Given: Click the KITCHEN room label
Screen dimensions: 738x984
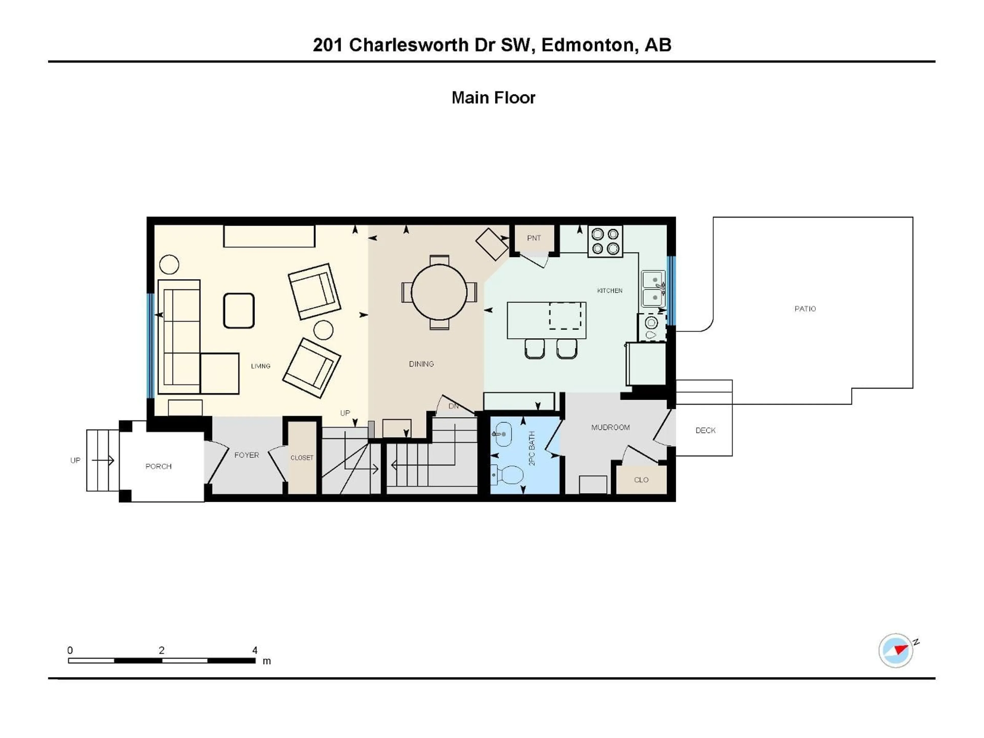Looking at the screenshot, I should (609, 291).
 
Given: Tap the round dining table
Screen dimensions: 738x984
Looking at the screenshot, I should (439, 292).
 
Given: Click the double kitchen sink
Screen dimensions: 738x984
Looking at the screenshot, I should (653, 289).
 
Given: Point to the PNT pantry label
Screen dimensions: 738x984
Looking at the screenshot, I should (534, 238).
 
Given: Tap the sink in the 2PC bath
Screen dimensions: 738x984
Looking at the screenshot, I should (503, 434).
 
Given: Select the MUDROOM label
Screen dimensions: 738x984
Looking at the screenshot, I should (610, 427).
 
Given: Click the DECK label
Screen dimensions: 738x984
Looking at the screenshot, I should (705, 430).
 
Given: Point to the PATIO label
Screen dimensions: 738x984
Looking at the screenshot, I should (805, 309).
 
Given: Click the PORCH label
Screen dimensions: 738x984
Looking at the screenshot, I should (158, 466).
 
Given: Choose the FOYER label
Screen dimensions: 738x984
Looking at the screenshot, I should (247, 455).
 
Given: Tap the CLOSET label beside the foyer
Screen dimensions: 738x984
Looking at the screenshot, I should (302, 458).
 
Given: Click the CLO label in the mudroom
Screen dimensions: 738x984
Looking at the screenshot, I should (641, 479).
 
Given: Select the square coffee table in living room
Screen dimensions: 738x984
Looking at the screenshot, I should (239, 311).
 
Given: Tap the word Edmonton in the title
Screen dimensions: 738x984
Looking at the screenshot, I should (588, 45).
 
